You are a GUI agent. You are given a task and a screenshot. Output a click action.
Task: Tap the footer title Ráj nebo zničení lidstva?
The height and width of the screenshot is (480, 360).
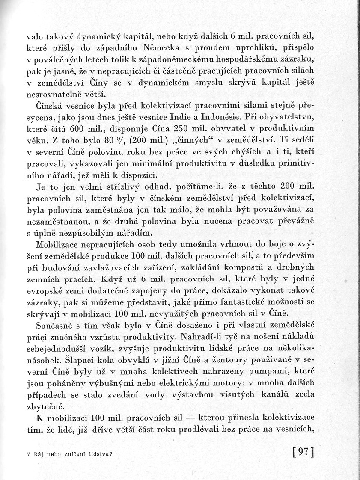(x=69, y=454)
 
